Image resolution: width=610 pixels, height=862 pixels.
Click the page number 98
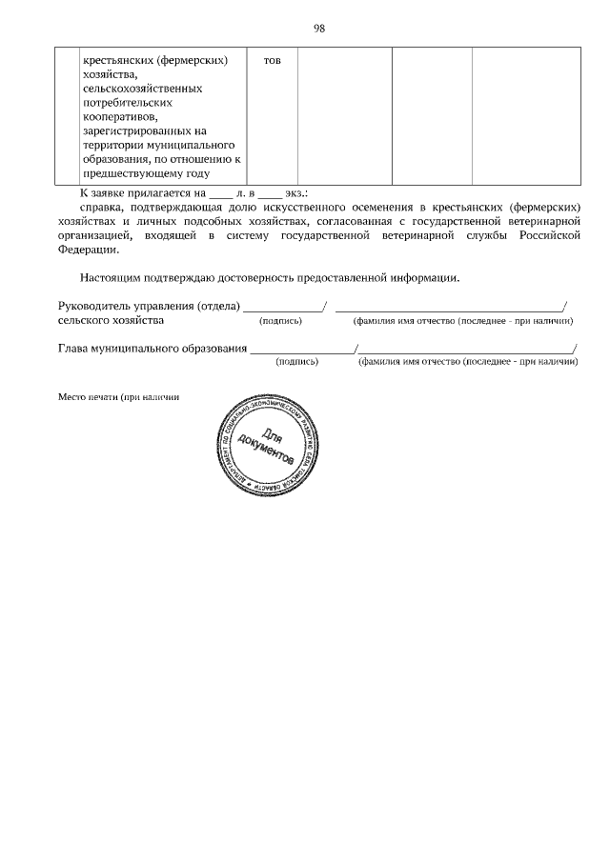click(x=320, y=28)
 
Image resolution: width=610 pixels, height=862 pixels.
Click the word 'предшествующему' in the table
click(x=128, y=173)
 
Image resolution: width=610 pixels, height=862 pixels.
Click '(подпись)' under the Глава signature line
click(x=296, y=363)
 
